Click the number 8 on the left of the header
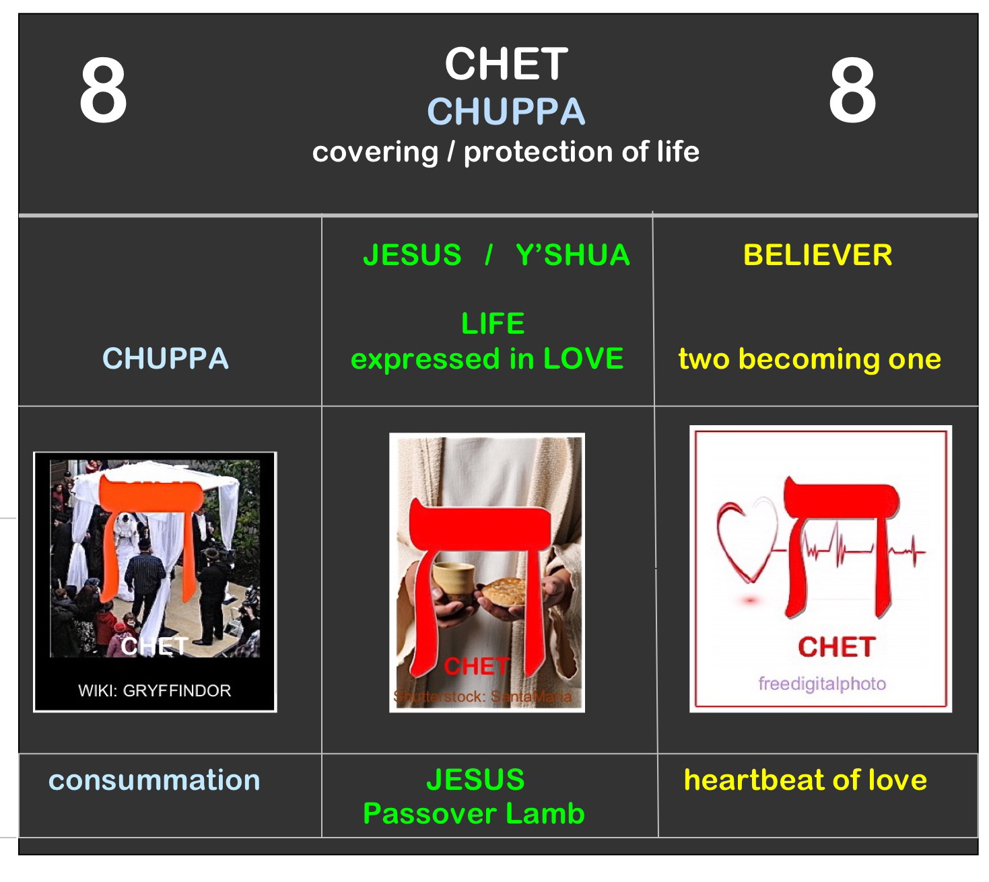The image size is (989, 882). [103, 91]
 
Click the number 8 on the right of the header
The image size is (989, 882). [852, 91]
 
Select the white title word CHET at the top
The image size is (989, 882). [506, 65]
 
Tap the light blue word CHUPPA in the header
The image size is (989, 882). [506, 112]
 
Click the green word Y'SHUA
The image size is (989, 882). [572, 256]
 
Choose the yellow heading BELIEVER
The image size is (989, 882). [817, 256]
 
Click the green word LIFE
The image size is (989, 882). [493, 324]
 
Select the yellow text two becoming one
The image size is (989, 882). [809, 359]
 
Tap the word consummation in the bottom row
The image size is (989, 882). [154, 780]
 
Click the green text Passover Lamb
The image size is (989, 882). [474, 814]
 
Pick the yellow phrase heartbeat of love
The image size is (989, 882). [805, 780]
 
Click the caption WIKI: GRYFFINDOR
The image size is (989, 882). [154, 691]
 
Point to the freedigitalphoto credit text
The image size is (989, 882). [821, 684]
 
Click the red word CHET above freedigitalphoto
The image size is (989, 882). [836, 647]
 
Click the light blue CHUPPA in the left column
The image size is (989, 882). [166, 359]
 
